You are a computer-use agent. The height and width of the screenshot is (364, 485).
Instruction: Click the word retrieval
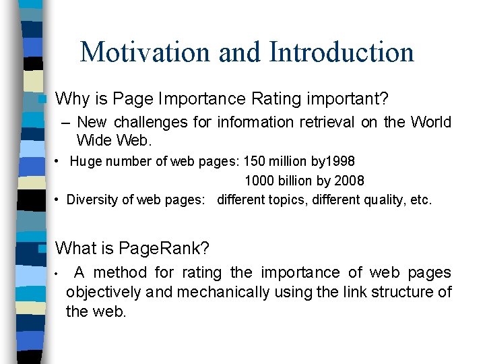click(322, 123)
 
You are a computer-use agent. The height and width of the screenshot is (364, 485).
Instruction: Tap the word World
click(429, 123)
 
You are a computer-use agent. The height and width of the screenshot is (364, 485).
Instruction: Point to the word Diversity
click(92, 200)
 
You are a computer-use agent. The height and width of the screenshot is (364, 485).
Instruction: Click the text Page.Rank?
click(164, 249)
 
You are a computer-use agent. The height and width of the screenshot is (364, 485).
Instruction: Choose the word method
click(121, 273)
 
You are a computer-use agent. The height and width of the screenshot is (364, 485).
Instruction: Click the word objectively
click(104, 293)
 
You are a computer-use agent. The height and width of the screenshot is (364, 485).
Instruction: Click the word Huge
click(84, 162)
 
